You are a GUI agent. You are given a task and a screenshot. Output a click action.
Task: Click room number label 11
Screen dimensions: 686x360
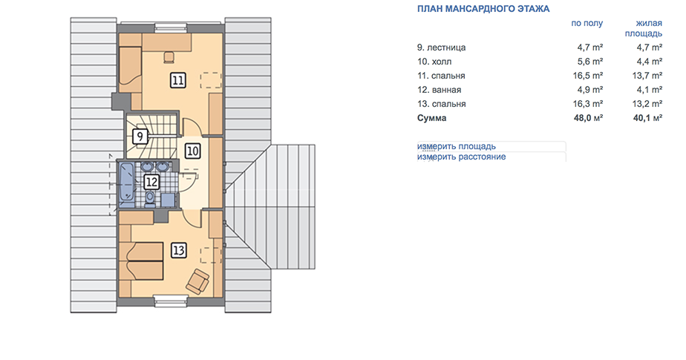pos(177,80)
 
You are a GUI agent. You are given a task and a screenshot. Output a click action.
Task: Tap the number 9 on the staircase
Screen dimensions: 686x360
pos(140,137)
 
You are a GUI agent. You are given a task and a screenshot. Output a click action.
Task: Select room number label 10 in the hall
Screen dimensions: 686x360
pos(192,151)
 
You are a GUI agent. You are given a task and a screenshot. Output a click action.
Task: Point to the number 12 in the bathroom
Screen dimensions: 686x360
pos(151,182)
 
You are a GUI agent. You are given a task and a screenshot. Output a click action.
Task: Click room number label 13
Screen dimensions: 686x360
pos(178,251)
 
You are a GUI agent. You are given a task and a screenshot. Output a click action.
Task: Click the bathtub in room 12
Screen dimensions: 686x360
pos(127,185)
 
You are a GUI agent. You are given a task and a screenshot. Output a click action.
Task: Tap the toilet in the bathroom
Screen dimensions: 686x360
pos(150,198)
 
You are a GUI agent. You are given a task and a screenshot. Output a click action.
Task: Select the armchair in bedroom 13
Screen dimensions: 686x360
pos(197,281)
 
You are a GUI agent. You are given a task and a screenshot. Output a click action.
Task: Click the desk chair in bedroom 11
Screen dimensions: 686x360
pos(169,57)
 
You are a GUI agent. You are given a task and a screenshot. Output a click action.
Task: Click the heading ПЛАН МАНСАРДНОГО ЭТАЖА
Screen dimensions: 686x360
pos(483,9)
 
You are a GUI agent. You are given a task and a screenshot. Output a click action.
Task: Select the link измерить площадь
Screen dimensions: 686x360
pos(457,146)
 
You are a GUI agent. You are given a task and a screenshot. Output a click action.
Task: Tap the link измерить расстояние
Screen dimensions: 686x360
pos(461,157)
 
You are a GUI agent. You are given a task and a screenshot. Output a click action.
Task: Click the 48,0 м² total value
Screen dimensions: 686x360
pos(589,118)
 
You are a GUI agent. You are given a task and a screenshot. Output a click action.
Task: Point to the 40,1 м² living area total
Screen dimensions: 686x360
pos(647,118)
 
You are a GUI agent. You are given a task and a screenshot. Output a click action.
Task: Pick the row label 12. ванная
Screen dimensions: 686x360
pos(440,90)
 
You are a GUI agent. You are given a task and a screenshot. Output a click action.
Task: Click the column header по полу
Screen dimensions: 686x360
pos(587,23)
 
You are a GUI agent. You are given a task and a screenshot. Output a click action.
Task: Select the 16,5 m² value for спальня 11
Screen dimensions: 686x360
pos(588,76)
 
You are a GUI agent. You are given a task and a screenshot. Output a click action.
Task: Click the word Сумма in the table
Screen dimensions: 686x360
pos(432,118)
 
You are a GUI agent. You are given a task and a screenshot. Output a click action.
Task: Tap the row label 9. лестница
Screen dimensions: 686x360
pos(442,48)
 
